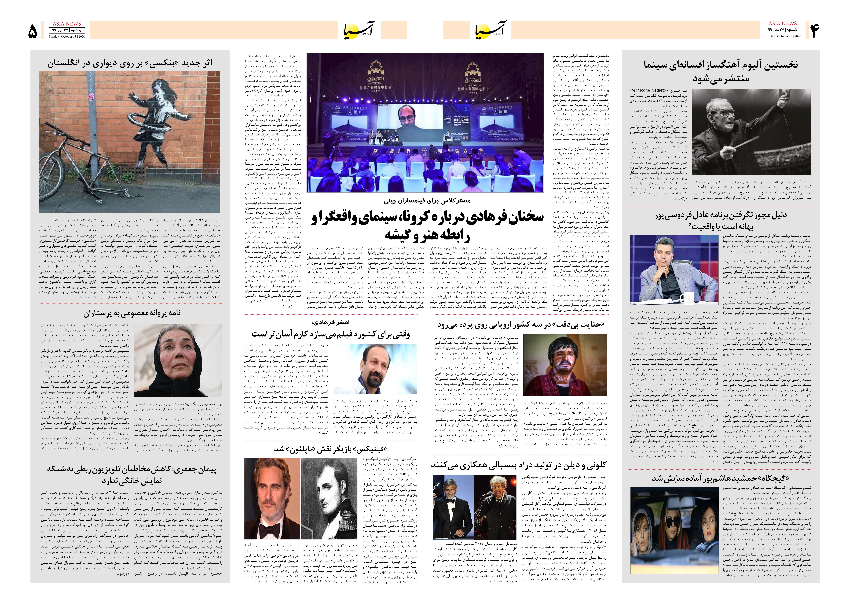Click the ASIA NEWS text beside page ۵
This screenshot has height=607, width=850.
(x=67, y=24)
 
